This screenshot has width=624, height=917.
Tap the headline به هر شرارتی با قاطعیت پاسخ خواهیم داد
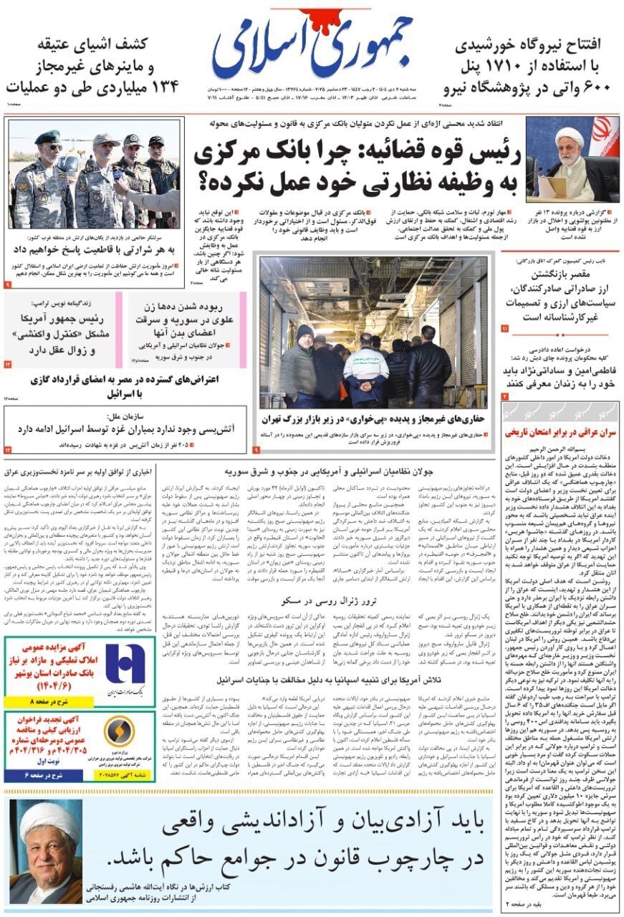point(93,249)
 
